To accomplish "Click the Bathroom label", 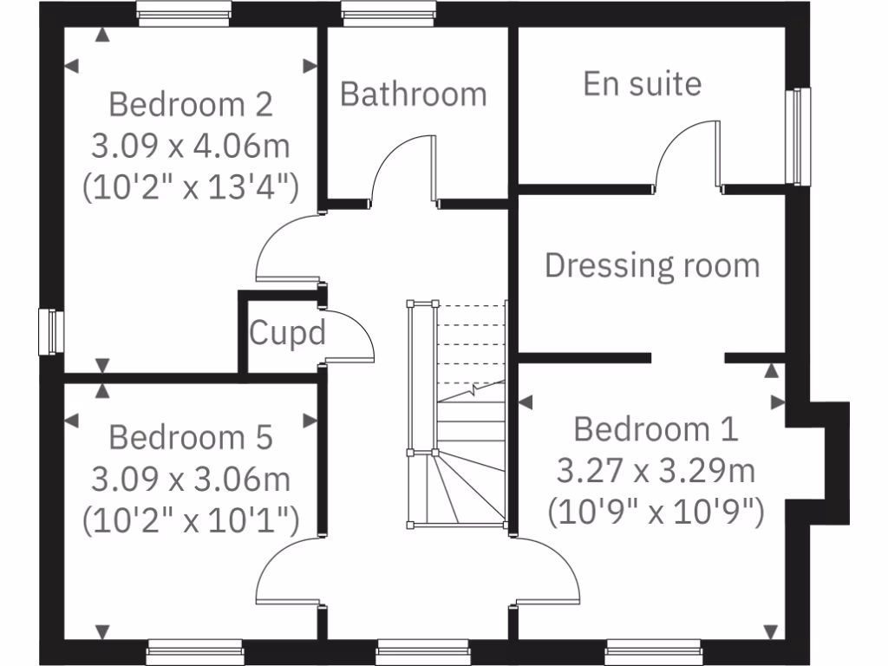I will click(413, 94).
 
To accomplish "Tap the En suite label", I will click(642, 84).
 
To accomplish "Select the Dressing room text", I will click(652, 265).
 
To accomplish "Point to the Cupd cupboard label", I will click(287, 333).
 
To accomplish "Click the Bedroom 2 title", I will click(191, 105).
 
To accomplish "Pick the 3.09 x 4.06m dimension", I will click(191, 146).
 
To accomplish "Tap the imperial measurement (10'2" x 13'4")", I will click(191, 186).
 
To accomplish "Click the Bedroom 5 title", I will click(191, 437).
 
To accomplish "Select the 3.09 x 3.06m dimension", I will click(191, 478).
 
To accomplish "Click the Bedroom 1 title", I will click(656, 429).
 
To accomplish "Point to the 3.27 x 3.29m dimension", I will click(656, 471).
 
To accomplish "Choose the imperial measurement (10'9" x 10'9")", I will click(656, 512).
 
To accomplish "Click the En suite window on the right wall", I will click(796, 136).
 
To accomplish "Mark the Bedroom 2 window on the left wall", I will click(50, 332).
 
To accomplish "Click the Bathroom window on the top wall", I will click(388, 11).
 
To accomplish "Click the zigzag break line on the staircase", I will click(473, 390).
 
